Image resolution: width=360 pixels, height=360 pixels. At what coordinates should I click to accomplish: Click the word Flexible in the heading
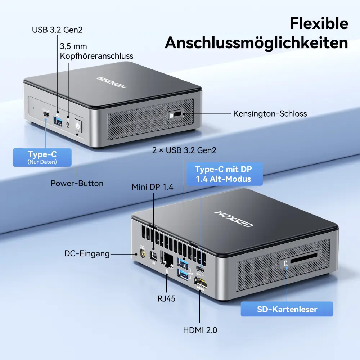pyautogui.click(x=319, y=23)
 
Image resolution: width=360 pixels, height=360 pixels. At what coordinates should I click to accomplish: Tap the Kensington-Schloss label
pyautogui.click(x=270, y=114)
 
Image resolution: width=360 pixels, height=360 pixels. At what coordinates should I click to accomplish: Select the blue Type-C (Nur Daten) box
pyautogui.click(x=42, y=157)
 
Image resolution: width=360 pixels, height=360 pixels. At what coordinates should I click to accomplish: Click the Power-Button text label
pyautogui.click(x=77, y=183)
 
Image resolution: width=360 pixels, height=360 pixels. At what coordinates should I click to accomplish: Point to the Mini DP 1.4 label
pyautogui.click(x=152, y=187)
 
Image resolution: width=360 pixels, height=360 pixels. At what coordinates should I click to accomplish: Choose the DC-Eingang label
pyautogui.click(x=87, y=253)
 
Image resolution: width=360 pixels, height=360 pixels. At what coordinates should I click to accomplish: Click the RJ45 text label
pyautogui.click(x=166, y=298)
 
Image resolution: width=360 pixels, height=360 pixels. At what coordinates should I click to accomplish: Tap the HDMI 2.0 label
pyautogui.click(x=200, y=330)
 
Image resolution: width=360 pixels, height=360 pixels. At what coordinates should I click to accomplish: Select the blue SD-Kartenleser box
pyautogui.click(x=287, y=309)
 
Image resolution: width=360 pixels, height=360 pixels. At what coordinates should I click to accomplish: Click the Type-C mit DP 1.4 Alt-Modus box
pyautogui.click(x=225, y=174)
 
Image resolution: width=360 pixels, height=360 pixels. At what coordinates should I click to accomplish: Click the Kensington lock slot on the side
pyautogui.click(x=177, y=114)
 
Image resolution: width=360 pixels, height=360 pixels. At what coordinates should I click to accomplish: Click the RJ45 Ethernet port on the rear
pyautogui.click(x=168, y=260)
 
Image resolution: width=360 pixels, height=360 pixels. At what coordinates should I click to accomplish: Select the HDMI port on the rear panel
pyautogui.click(x=200, y=283)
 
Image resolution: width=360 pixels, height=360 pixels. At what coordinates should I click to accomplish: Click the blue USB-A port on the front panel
pyautogui.click(x=58, y=121)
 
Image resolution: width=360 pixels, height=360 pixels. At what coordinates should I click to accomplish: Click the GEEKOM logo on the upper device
pyautogui.click(x=112, y=83)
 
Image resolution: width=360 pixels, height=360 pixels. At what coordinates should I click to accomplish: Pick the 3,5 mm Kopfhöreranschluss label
pyautogui.click(x=96, y=51)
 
